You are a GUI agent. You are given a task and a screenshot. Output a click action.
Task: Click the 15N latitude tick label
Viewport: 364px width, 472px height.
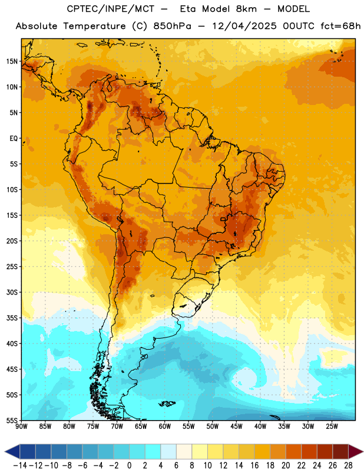[x=12, y=61]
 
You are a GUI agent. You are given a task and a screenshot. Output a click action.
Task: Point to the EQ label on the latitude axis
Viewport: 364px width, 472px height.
[x=14, y=139]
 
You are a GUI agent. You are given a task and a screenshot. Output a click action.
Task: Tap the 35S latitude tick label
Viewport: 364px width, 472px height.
[x=12, y=318]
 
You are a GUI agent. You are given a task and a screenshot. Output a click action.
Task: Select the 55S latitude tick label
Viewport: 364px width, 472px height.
[x=12, y=420]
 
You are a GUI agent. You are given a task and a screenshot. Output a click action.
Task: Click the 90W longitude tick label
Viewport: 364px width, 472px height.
[x=21, y=427]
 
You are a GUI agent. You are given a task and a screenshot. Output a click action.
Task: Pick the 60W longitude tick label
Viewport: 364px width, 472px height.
[x=165, y=427]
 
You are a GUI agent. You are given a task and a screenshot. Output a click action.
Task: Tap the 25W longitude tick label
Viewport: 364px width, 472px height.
[x=332, y=427]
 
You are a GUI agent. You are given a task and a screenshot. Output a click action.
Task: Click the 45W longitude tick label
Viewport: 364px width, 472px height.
[x=236, y=427]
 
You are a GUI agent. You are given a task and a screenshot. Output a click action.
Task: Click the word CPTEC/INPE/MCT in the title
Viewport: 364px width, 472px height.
[x=111, y=9]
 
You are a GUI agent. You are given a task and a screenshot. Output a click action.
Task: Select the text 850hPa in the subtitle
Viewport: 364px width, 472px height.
[x=172, y=26]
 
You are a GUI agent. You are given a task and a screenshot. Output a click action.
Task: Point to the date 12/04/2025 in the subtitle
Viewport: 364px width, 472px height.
[x=244, y=26]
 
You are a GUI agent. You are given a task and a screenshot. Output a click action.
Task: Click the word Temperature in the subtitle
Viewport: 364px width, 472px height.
[x=94, y=26]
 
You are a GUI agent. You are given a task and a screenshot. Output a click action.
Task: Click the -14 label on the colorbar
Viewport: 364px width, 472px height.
[x=20, y=466]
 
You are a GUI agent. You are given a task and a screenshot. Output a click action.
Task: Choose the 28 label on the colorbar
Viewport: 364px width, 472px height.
[x=348, y=466]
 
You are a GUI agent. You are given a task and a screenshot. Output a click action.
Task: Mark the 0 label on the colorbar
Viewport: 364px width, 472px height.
[x=129, y=466]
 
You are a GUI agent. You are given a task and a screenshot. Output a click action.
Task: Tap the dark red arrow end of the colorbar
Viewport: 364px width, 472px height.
[x=356, y=451]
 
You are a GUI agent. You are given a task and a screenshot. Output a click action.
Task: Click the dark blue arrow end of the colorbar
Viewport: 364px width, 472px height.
[x=12, y=451]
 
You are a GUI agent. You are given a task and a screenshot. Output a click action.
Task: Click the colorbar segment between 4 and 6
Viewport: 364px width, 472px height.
[x=168, y=451]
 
